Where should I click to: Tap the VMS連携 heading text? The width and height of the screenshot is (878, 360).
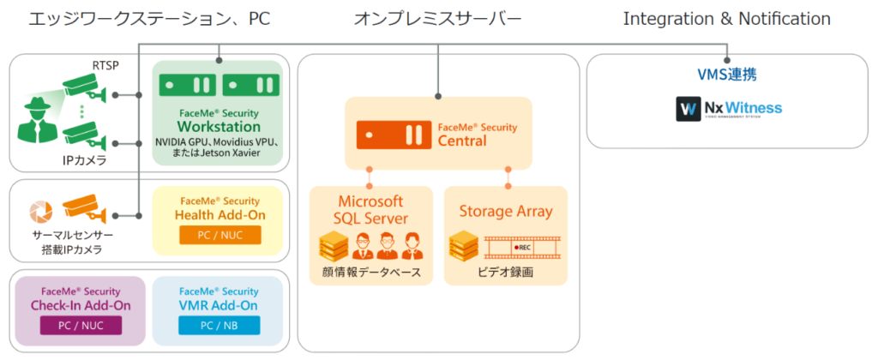[728, 75]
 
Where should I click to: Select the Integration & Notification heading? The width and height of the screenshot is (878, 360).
[726, 18]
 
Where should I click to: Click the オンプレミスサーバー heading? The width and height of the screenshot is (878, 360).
[438, 18]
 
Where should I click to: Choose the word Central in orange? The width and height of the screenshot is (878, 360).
[462, 141]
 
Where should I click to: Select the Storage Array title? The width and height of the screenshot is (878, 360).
[505, 211]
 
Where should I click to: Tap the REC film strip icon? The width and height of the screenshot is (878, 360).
[523, 248]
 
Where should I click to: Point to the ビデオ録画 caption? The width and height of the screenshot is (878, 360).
[505, 273]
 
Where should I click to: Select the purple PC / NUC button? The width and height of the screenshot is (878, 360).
[81, 326]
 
